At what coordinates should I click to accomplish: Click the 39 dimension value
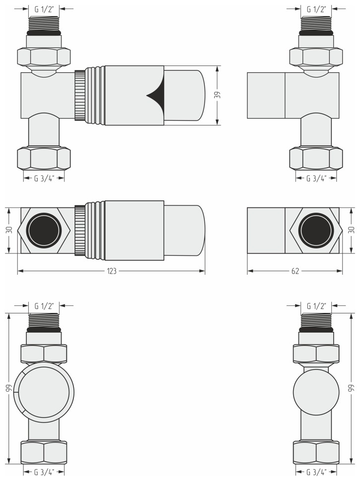click(217, 95)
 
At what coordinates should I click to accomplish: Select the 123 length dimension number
click(112, 271)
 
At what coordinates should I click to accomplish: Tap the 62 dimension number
click(295, 271)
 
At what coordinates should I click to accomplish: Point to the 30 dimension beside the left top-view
click(8, 230)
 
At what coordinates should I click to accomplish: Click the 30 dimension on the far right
click(352, 230)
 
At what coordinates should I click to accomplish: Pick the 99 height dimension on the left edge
click(8, 388)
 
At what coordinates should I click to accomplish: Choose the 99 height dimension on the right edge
click(352, 388)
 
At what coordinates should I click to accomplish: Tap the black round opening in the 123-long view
click(43, 230)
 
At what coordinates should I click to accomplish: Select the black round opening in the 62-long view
click(315, 230)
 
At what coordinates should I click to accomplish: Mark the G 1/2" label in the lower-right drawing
click(316, 305)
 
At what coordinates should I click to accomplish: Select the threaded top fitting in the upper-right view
click(316, 23)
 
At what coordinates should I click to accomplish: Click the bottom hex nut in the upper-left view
click(44, 158)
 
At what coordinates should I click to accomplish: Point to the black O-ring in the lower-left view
click(44, 329)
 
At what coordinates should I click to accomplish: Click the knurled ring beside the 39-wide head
click(79, 95)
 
